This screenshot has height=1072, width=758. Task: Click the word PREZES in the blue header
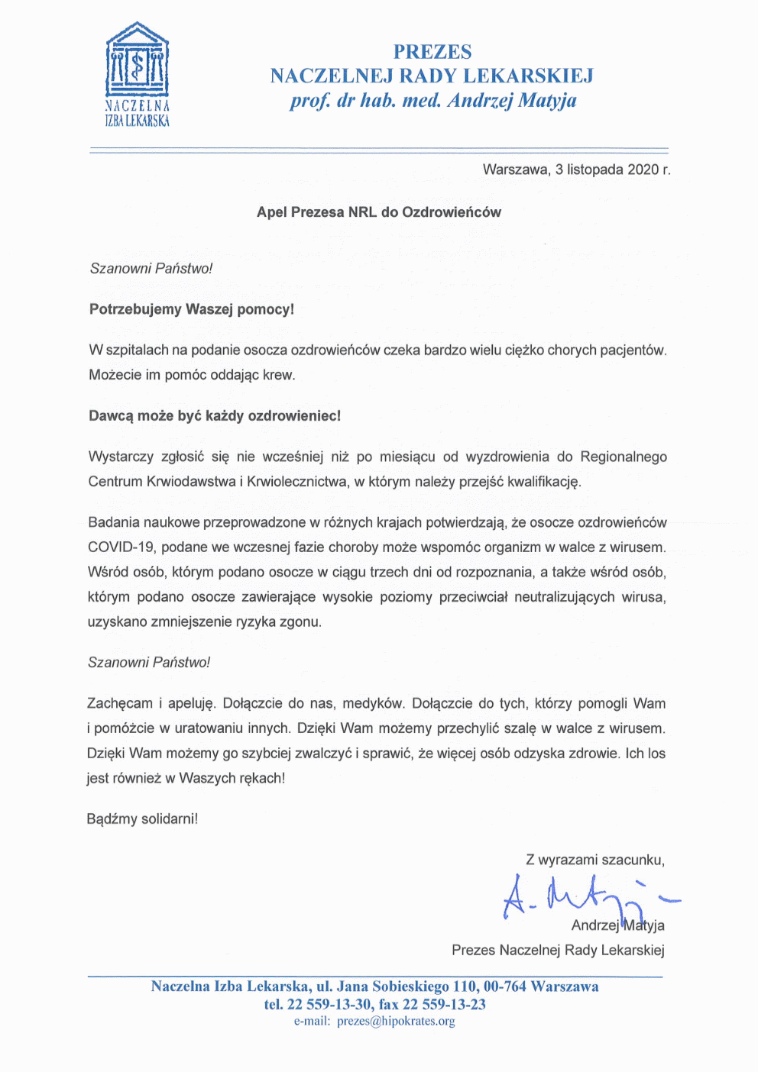tap(432, 52)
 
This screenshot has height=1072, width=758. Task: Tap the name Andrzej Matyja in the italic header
tap(512, 101)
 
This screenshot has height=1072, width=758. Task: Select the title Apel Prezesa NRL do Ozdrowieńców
tap(379, 212)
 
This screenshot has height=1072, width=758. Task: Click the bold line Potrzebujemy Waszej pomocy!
tap(192, 309)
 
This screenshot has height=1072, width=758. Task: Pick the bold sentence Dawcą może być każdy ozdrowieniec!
tap(215, 416)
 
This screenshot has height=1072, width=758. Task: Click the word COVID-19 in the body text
tap(121, 547)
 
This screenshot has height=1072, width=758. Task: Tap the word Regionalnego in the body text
tap(624, 457)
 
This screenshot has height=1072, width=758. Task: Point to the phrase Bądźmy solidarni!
tap(142, 819)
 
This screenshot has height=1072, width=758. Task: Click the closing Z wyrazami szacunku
tap(594, 860)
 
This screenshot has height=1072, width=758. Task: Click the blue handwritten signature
tap(581, 897)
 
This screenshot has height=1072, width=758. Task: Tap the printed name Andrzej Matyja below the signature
tap(617, 925)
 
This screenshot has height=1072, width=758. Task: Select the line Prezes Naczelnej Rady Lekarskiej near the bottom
tap(558, 951)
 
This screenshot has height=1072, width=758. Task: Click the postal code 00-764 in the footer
tap(504, 986)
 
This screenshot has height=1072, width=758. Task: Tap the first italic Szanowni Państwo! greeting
tap(151, 269)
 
